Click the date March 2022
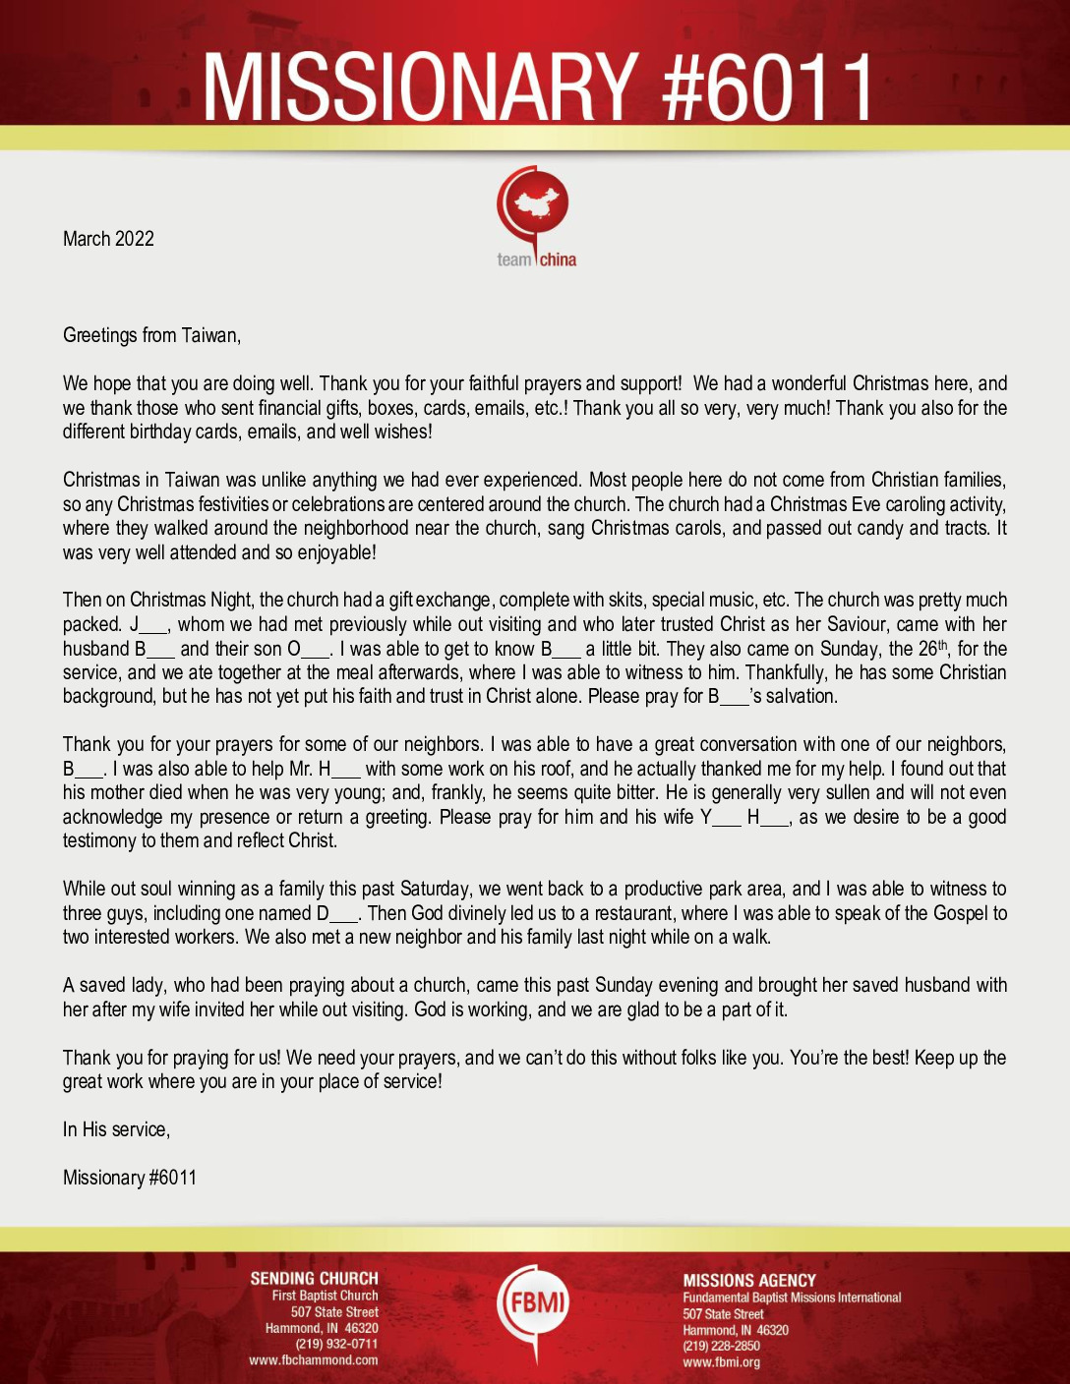(108, 239)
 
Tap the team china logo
(535, 217)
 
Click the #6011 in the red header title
(767, 87)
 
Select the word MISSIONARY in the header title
(419, 87)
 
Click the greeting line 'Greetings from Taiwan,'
(151, 335)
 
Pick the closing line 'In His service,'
(116, 1129)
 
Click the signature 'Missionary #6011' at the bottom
(130, 1178)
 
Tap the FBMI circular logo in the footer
(534, 1304)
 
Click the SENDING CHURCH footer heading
(314, 1279)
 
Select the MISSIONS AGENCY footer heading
(749, 1281)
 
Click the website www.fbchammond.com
(313, 1360)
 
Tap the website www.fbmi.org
(721, 1362)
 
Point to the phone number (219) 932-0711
(336, 1345)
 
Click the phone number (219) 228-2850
(721, 1346)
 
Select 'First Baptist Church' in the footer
(325, 1296)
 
